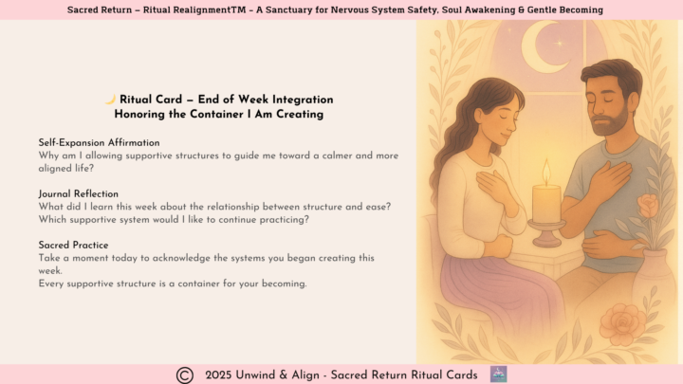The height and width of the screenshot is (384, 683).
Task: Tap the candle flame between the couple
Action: pyautogui.click(x=545, y=172)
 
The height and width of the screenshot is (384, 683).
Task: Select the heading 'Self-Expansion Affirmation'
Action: pyautogui.click(x=99, y=142)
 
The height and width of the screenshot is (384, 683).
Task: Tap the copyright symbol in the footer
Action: pyautogui.click(x=185, y=375)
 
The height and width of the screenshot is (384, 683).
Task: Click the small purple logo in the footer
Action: pyautogui.click(x=498, y=375)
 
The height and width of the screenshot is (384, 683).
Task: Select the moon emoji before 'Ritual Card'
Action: pyautogui.click(x=110, y=100)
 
